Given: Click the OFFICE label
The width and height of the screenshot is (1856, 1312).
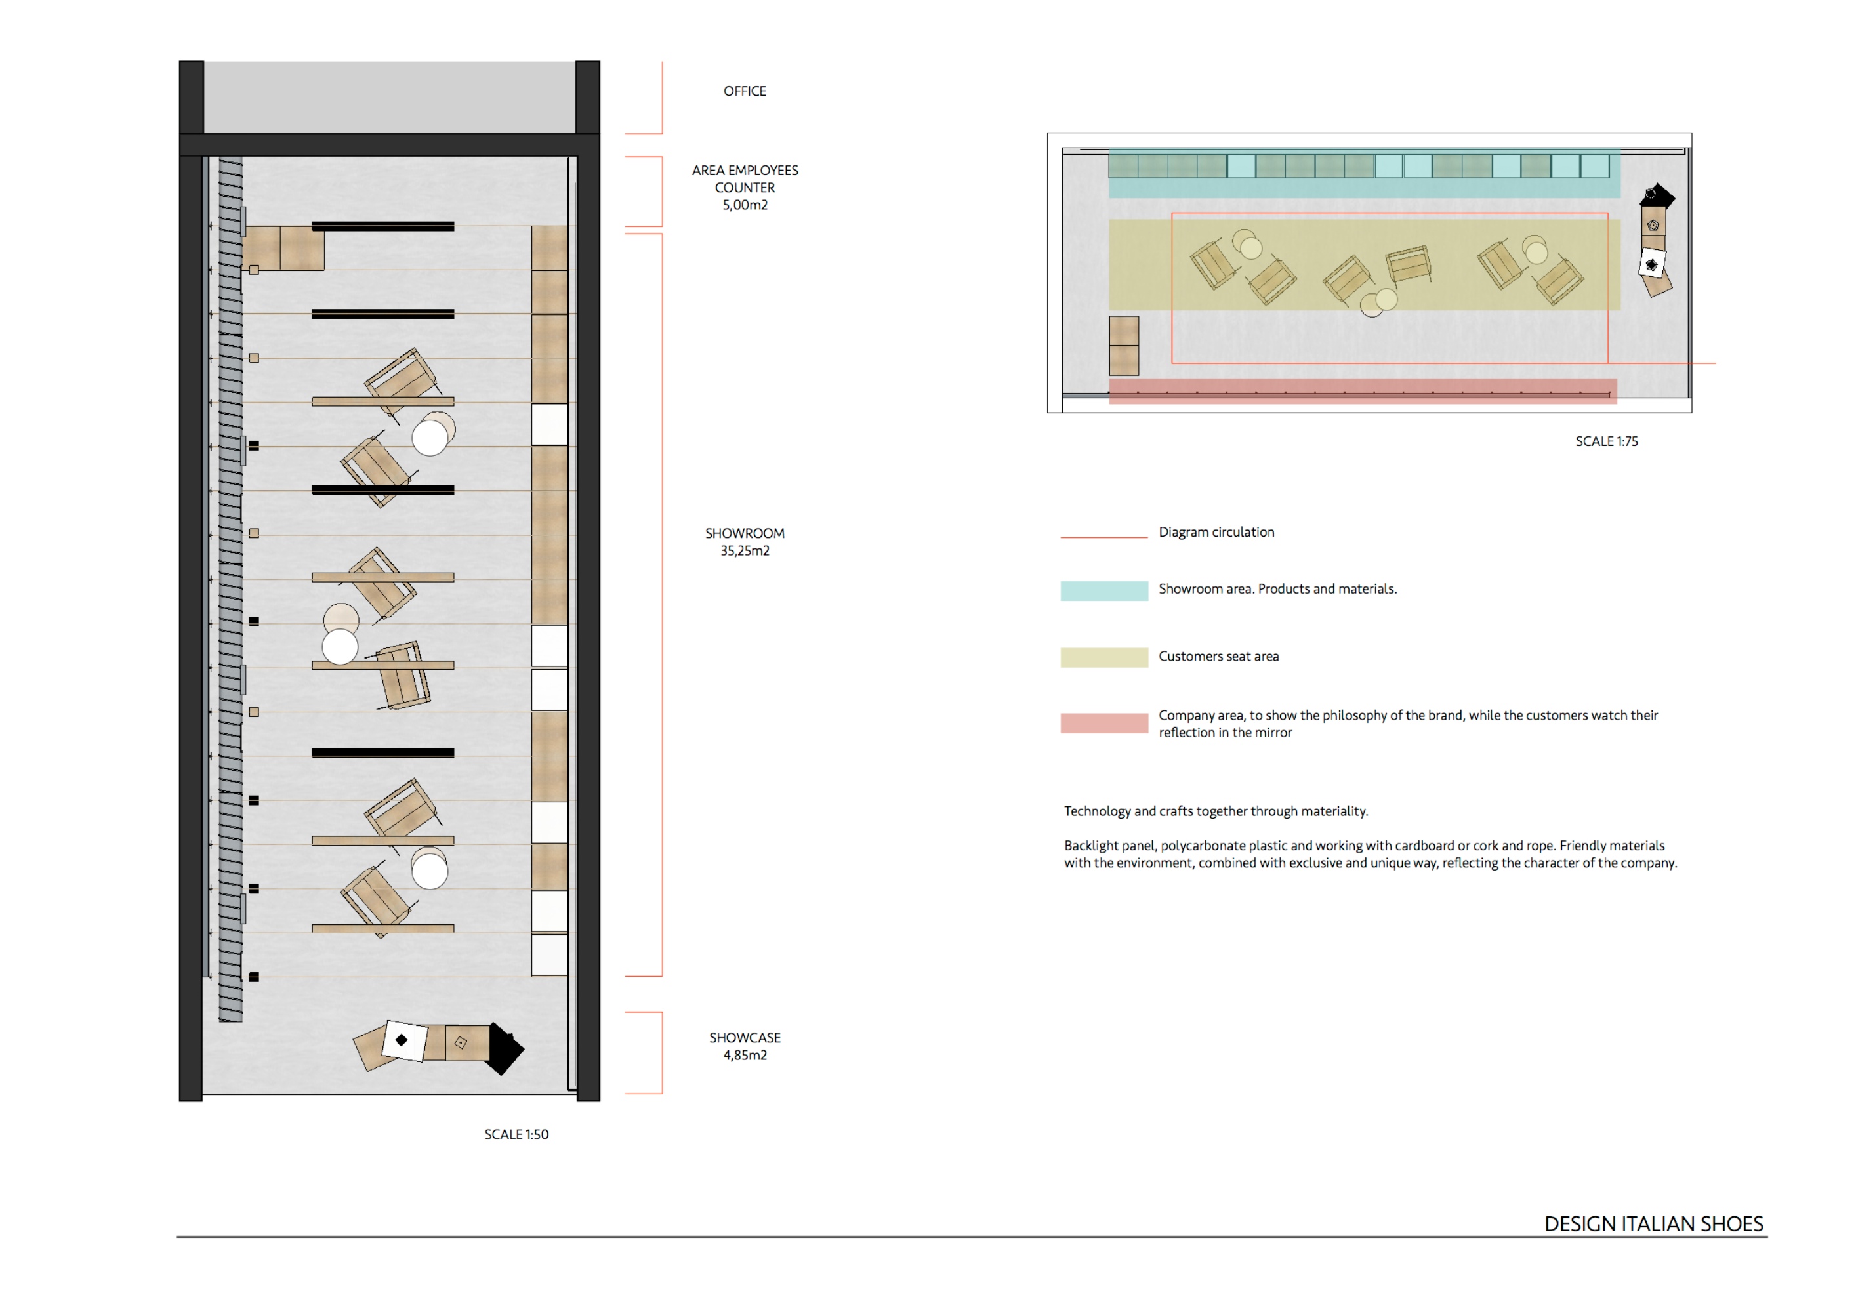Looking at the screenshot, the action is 744,91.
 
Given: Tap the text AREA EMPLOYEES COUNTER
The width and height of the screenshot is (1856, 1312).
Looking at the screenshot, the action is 744,178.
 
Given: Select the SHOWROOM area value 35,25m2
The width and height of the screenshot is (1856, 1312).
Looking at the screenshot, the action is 744,550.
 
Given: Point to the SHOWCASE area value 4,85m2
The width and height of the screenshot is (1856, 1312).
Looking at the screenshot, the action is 744,1055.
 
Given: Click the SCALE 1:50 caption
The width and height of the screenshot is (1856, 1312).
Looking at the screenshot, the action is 516,1134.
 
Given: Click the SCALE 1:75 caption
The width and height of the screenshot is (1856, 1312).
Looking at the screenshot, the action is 1605,441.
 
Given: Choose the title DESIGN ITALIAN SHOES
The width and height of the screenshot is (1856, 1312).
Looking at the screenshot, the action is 1653,1224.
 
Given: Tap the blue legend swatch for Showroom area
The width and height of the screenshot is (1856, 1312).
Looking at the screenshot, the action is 1103,590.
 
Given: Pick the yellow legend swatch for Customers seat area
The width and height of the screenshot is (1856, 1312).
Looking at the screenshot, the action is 1103,657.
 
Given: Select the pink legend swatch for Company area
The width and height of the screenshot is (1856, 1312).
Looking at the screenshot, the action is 1103,723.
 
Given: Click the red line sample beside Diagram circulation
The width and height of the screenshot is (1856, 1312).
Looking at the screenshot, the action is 1103,537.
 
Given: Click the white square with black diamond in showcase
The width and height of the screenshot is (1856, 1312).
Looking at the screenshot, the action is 403,1040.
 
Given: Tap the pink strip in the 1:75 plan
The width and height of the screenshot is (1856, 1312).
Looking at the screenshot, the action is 1362,391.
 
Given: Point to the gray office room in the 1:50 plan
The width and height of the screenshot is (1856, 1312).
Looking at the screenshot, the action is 389,97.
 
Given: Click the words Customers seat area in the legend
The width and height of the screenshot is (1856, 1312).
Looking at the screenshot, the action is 1218,657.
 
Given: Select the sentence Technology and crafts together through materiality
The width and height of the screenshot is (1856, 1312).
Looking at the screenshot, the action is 1216,811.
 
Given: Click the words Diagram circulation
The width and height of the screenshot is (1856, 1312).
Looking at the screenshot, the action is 1216,532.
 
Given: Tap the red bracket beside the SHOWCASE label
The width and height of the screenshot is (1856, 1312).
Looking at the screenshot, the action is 661,1052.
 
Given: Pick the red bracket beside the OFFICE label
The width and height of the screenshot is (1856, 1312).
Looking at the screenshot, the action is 661,97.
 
